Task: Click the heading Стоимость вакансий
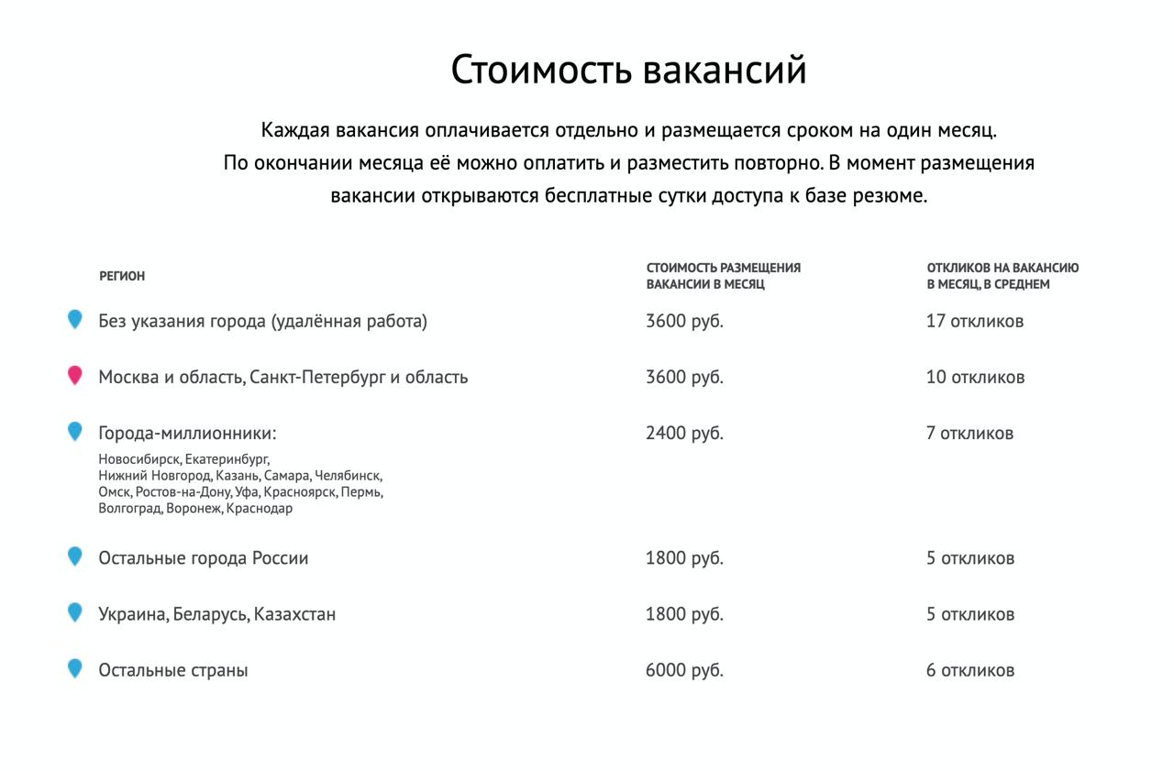click(x=628, y=71)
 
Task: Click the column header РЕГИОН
click(x=122, y=276)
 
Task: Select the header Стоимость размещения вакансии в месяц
click(x=723, y=276)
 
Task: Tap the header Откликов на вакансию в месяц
click(x=1002, y=276)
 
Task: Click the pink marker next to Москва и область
click(x=75, y=376)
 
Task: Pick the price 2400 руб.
click(x=684, y=433)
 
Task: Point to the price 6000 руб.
click(x=684, y=670)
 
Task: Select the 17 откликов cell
click(x=975, y=321)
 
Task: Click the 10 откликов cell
click(x=975, y=377)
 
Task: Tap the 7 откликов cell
click(x=969, y=433)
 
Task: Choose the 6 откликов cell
click(x=970, y=670)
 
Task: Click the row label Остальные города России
click(x=203, y=558)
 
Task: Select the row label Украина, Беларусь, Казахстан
click(x=216, y=614)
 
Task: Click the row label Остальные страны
click(x=173, y=670)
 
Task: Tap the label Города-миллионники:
click(x=187, y=433)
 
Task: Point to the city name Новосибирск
click(x=139, y=459)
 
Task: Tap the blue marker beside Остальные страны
click(x=75, y=668)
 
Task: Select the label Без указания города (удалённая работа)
click(x=262, y=321)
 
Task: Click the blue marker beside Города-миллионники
click(x=75, y=431)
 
